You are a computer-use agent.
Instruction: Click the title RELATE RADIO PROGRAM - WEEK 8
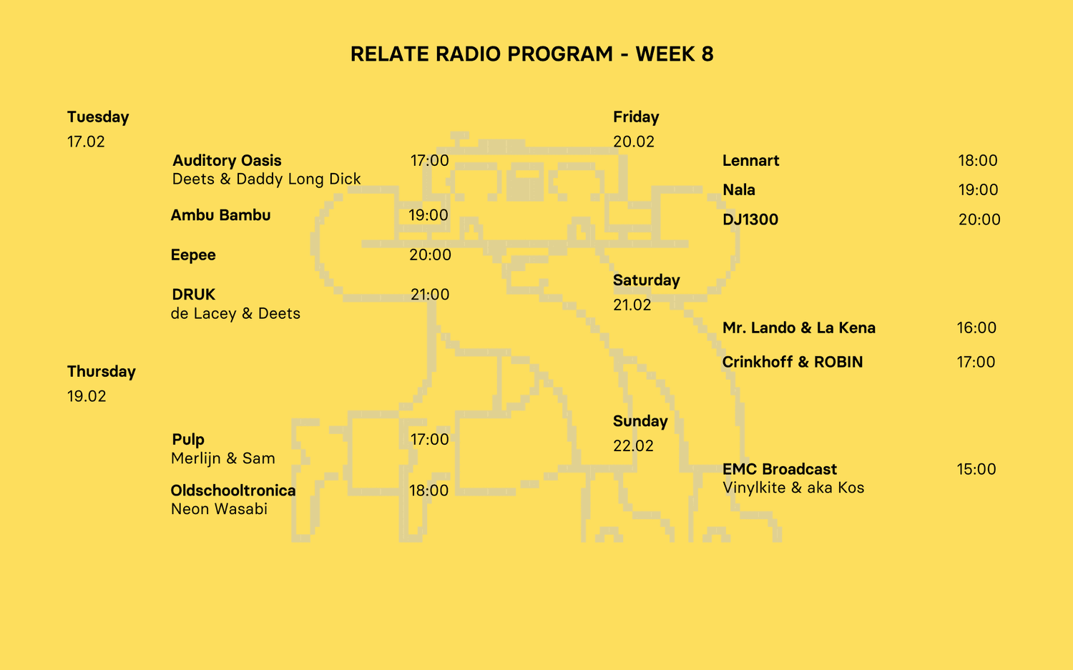531,54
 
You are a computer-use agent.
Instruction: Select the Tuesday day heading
98,117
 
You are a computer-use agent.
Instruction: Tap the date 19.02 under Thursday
87,396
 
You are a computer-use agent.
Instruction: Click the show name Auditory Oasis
227,161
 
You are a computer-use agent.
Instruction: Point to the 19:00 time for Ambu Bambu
428,215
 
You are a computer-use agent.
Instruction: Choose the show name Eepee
193,255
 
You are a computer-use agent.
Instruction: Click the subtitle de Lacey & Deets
235,314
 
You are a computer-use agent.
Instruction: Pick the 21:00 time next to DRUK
429,295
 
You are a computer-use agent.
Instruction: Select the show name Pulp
188,440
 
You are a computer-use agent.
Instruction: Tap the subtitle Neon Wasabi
219,509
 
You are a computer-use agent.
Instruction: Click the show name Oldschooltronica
233,491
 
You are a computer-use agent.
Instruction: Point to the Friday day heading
636,117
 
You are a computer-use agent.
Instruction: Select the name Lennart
750,161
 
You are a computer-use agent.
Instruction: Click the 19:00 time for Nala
978,190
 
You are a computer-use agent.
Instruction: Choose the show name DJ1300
750,220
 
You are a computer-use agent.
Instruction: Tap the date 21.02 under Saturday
632,305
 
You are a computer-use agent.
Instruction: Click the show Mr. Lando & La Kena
798,328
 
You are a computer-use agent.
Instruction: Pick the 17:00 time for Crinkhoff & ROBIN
976,362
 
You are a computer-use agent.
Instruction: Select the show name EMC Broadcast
779,470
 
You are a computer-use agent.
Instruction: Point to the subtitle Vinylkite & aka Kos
793,488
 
